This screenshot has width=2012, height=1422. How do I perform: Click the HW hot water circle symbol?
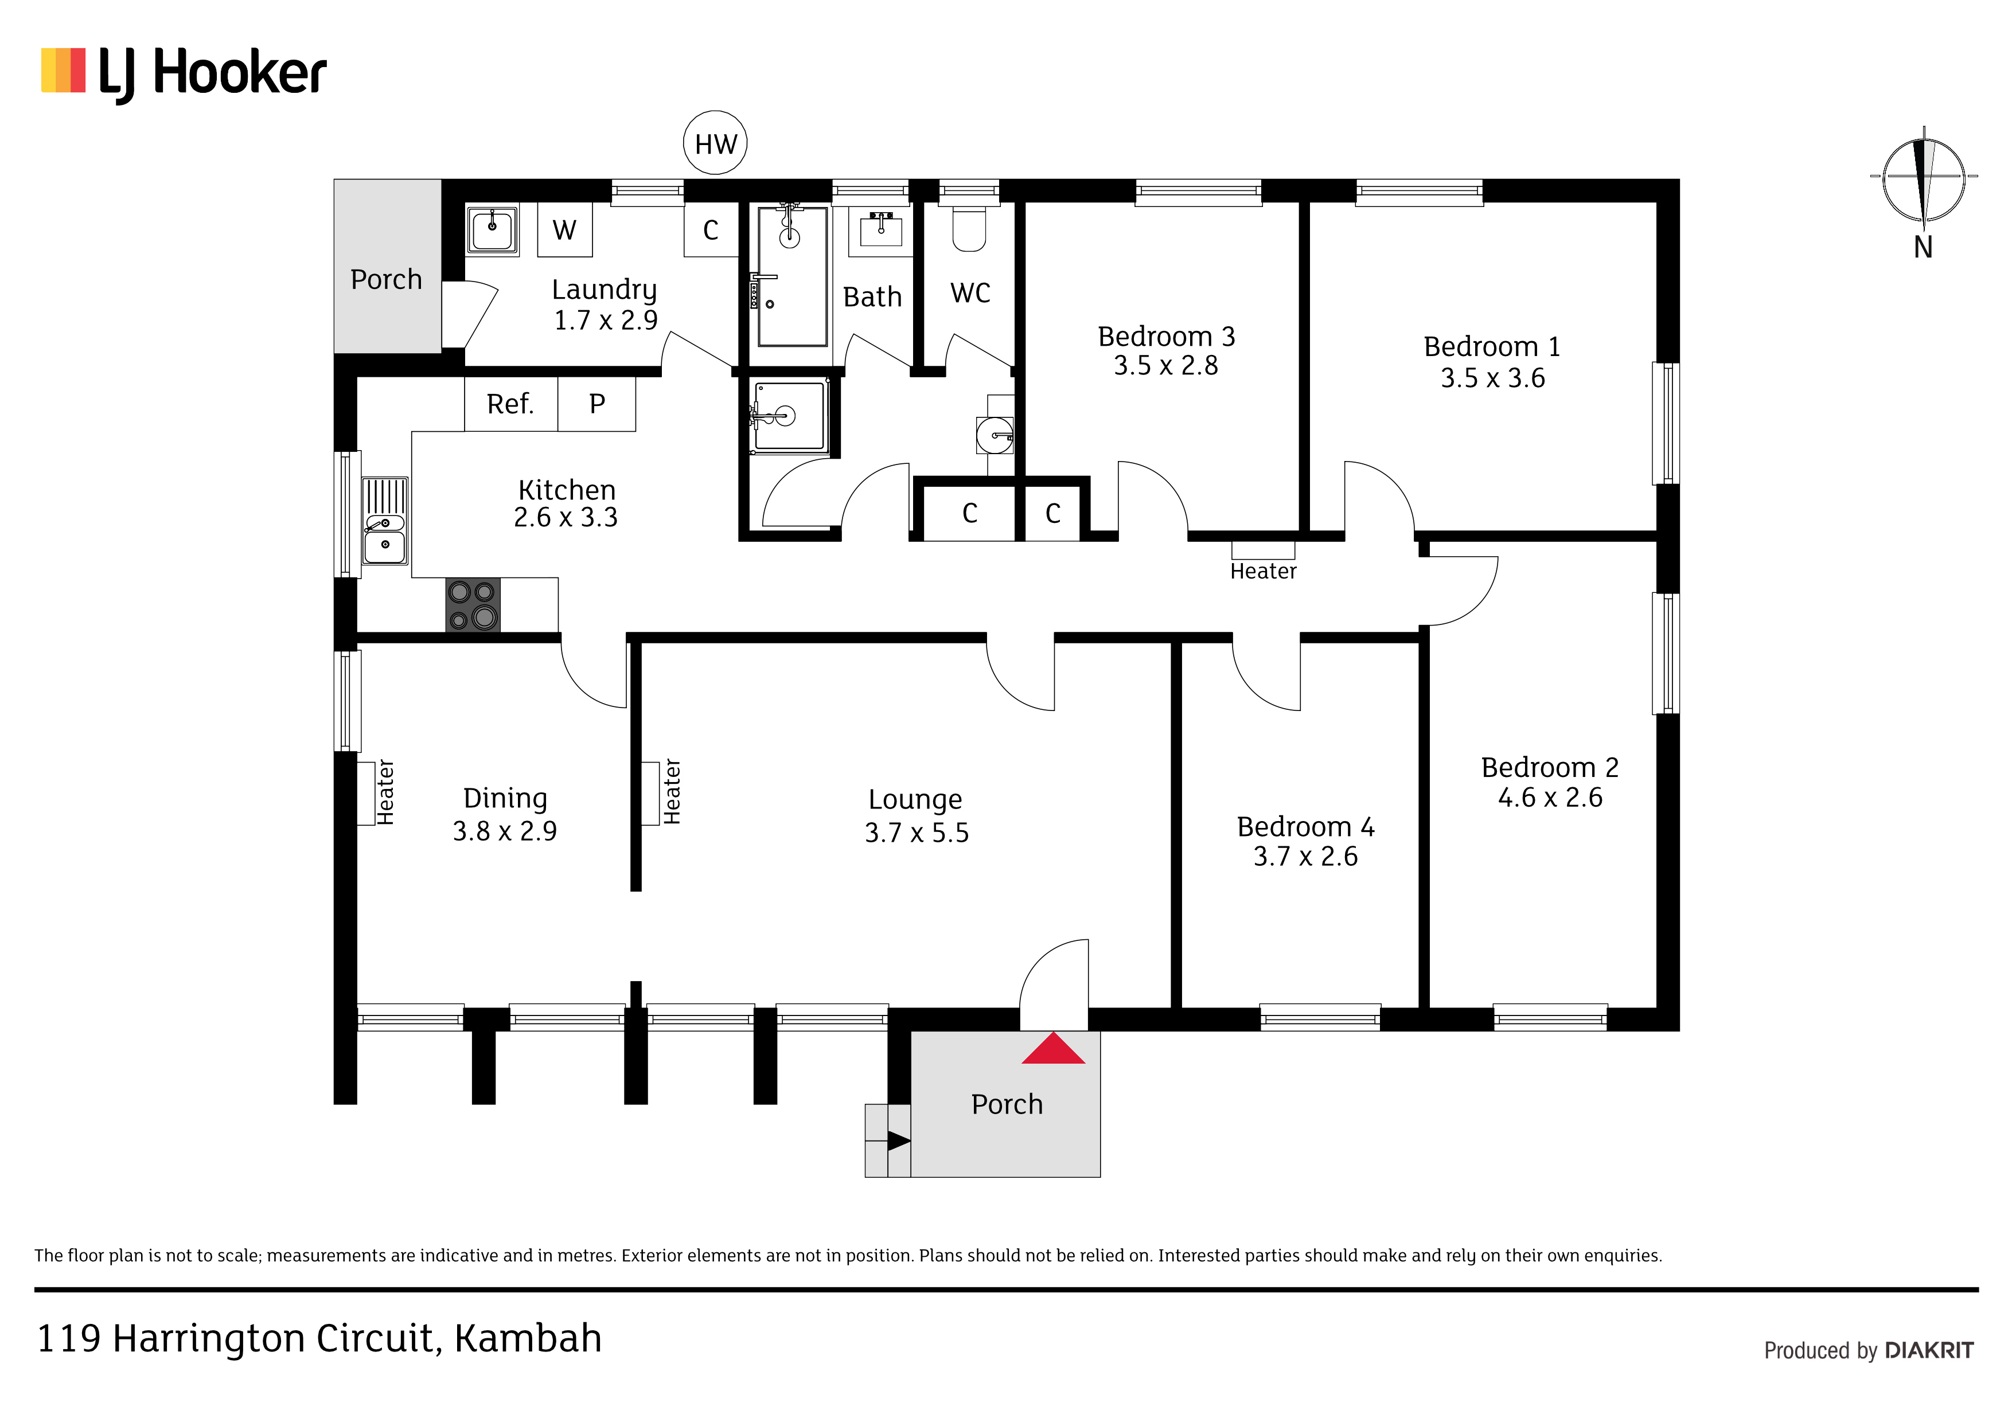(715, 143)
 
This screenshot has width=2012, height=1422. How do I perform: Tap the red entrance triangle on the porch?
(1054, 1049)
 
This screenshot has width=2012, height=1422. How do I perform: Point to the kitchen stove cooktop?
(473, 604)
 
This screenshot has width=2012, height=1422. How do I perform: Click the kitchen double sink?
(385, 521)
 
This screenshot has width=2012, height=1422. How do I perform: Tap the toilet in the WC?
(969, 228)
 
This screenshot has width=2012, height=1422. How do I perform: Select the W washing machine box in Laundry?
(564, 229)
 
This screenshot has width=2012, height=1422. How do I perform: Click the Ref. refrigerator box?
(511, 404)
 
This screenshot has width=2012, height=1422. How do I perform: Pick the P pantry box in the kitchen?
(596, 404)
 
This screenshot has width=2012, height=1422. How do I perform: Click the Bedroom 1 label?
(1492, 347)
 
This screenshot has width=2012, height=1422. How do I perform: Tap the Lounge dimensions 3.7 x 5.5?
(917, 833)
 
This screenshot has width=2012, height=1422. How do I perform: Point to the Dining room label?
(505, 798)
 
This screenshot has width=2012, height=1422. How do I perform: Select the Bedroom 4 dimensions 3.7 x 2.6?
(1306, 856)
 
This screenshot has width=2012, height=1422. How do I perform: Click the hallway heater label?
(1263, 571)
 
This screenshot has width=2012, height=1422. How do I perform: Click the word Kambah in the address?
(528, 1338)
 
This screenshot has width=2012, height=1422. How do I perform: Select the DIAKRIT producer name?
(1929, 1350)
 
